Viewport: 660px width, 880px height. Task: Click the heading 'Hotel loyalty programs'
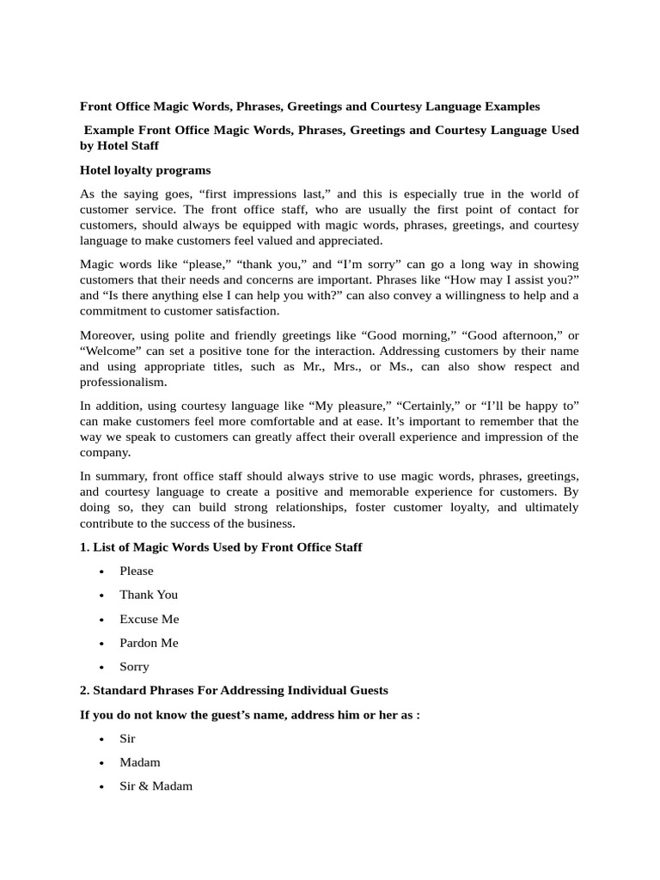tap(145, 170)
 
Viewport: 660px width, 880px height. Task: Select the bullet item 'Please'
tap(136, 571)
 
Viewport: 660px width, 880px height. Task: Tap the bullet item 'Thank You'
tap(149, 595)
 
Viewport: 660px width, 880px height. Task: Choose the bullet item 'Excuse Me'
tap(149, 619)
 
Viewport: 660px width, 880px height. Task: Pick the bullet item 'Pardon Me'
tap(149, 643)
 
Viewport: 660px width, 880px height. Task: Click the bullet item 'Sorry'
tap(134, 667)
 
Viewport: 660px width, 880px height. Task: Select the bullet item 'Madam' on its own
tap(139, 762)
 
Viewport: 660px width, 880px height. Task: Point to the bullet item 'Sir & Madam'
tap(156, 786)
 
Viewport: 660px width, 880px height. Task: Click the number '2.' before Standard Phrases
tap(85, 690)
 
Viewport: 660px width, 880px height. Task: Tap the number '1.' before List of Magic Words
tap(85, 547)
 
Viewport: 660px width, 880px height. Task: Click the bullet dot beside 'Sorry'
tap(102, 667)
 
